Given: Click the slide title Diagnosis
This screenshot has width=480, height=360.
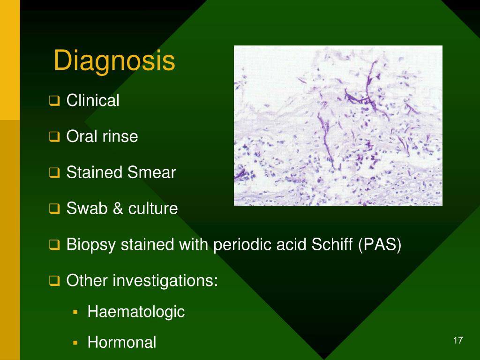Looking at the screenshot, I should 114,61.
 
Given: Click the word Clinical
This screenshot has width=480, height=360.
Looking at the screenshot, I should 93,100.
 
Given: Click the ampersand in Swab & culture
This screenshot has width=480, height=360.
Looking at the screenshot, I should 113,209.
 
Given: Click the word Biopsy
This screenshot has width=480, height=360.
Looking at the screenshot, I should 91,245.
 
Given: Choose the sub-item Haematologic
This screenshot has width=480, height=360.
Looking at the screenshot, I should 136,312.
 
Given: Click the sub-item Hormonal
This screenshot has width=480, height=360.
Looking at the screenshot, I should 121,342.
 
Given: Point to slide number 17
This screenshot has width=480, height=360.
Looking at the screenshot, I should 458,341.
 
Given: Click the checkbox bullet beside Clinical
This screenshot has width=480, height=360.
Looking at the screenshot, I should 55,101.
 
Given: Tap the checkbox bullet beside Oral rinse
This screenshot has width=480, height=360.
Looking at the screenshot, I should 55,137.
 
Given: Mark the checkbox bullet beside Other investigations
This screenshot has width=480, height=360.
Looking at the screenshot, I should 55,281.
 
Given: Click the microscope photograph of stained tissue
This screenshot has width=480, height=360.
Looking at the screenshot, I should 338,125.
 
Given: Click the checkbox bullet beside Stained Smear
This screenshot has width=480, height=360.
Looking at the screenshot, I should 55,173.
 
